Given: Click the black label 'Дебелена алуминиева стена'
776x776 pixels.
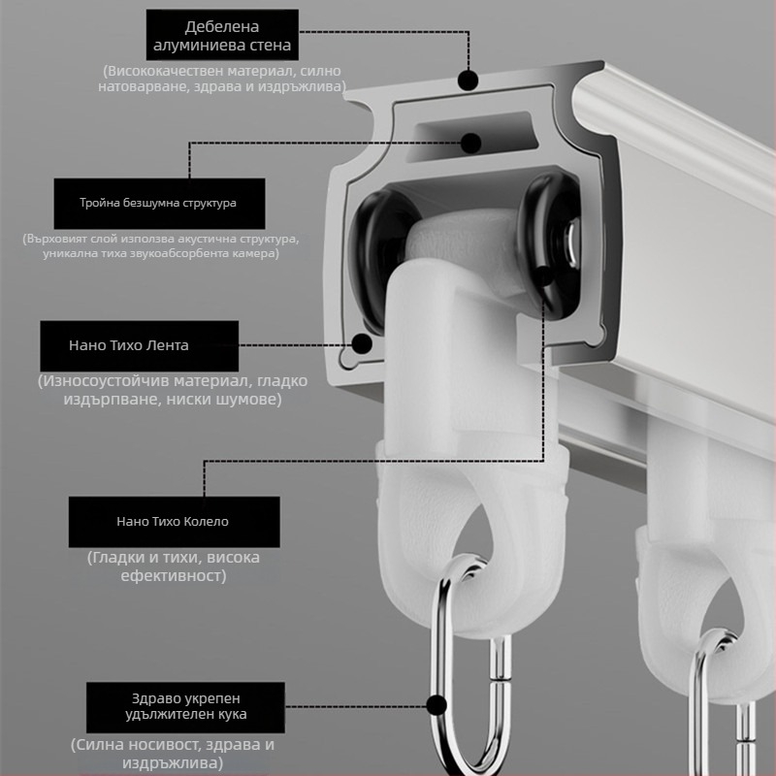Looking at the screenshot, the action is coord(222,35).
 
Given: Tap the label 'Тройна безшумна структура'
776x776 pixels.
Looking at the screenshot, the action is coord(159,204).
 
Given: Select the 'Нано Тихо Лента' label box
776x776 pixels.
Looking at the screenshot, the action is coord(139,346).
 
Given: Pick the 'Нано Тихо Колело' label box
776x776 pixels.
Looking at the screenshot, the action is coord(175,522).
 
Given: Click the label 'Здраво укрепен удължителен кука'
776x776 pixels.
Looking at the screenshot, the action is coord(185,707).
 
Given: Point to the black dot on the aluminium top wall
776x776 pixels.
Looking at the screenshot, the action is coord(468,81).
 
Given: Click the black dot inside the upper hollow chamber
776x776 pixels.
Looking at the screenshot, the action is coord(470,143).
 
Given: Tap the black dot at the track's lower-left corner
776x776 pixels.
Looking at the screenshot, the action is coord(362,343).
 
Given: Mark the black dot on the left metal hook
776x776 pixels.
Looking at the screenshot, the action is coord(436,705).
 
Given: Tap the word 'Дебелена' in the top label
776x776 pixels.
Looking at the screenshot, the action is coord(222,27).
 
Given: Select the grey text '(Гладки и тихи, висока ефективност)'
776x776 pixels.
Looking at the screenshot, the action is coord(174,566).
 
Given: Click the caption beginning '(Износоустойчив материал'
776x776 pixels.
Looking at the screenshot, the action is coord(173,390).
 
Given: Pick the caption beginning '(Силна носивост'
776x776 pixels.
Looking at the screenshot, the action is coord(173,754).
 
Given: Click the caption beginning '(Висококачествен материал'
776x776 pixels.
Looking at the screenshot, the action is coord(222,79).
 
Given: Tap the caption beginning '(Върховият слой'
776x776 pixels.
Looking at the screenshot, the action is coord(161,246).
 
